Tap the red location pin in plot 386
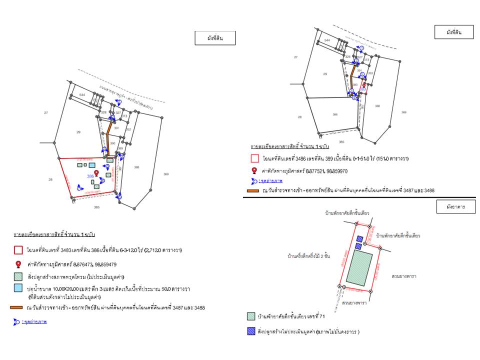[x=96, y=173]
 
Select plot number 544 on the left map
[x=82, y=94]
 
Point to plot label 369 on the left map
[x=166, y=174]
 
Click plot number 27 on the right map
[x=295, y=57]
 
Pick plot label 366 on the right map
[x=335, y=114]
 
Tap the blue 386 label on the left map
[x=90, y=176]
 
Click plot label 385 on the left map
[x=96, y=206]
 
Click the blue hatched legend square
[x=251, y=331]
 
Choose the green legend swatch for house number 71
[x=251, y=316]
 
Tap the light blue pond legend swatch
[x=18, y=288]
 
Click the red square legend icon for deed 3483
[x=18, y=250]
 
